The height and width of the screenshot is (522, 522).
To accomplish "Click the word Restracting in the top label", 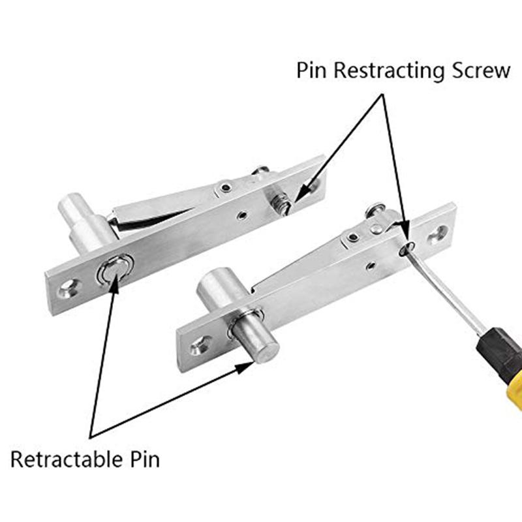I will click(x=390, y=70).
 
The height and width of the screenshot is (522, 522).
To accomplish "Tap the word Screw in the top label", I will click(x=479, y=70).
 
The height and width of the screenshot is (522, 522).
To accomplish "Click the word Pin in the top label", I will click(x=312, y=70).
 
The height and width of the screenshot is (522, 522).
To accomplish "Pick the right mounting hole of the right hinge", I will click(x=438, y=232).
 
